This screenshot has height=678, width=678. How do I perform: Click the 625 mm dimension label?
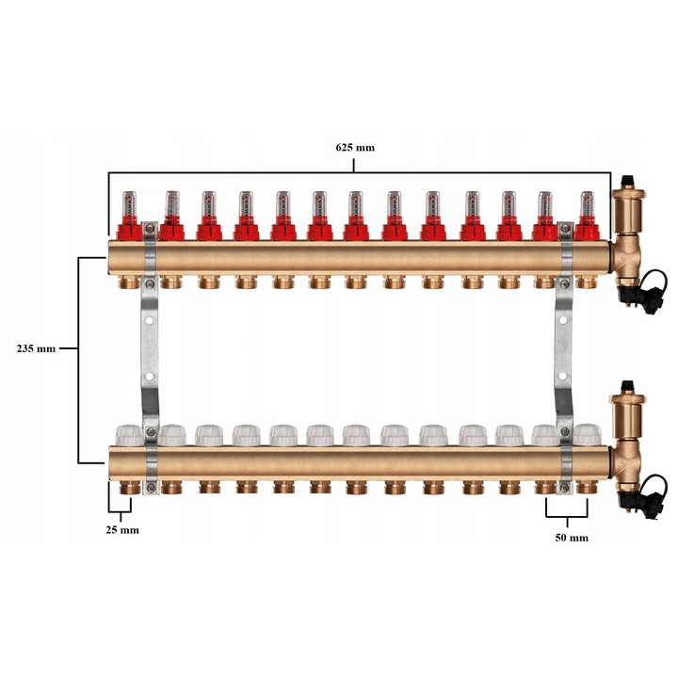tap(355, 148)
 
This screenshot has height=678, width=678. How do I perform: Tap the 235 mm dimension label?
tap(36, 348)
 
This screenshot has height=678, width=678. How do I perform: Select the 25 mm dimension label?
tap(122, 530)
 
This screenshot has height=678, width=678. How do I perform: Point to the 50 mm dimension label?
tap(572, 538)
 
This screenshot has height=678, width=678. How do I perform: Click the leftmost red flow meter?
tap(129, 216)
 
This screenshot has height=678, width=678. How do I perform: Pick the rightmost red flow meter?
tap(587, 216)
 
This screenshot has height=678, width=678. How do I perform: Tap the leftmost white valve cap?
tap(129, 435)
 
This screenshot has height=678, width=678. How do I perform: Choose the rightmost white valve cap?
tap(588, 435)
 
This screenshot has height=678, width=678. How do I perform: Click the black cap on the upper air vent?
tap(627, 181)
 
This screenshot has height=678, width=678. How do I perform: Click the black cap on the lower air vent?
tap(627, 386)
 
